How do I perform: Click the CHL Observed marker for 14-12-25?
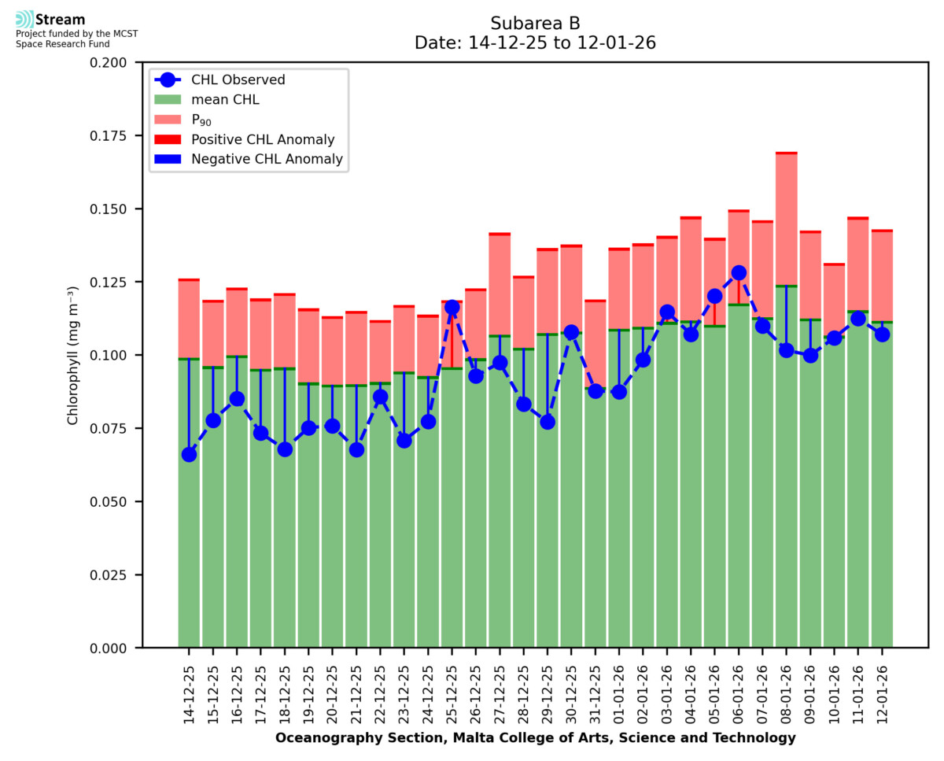point(189,454)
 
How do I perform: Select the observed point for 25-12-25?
point(452,307)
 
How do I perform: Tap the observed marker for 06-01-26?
point(739,273)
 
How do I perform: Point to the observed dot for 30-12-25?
point(572,332)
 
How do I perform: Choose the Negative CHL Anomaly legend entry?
point(267,159)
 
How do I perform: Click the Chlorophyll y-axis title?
point(72,355)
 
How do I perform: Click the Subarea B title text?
point(535,23)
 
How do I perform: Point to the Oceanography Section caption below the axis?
point(535,738)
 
